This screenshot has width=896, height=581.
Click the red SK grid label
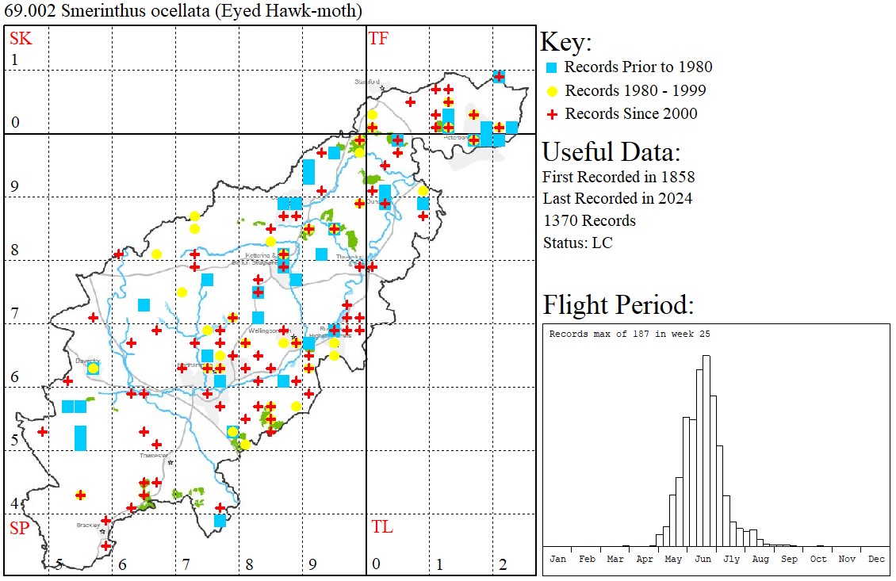click(x=17, y=38)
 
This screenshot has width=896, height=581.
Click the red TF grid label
click(x=378, y=38)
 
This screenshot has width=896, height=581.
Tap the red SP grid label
click(x=19, y=528)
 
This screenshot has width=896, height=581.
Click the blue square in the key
click(x=553, y=67)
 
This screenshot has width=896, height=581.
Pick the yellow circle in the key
click(x=553, y=90)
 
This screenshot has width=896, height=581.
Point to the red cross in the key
click(x=553, y=114)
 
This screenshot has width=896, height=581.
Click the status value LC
click(x=603, y=243)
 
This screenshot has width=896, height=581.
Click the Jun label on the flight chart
click(x=703, y=559)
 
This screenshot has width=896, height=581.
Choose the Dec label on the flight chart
click(x=876, y=559)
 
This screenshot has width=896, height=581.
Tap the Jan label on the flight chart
click(x=558, y=559)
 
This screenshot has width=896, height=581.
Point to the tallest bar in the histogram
click(x=706, y=452)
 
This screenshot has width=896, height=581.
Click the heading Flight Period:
click(x=618, y=305)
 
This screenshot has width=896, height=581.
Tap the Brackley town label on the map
click(x=86, y=525)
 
